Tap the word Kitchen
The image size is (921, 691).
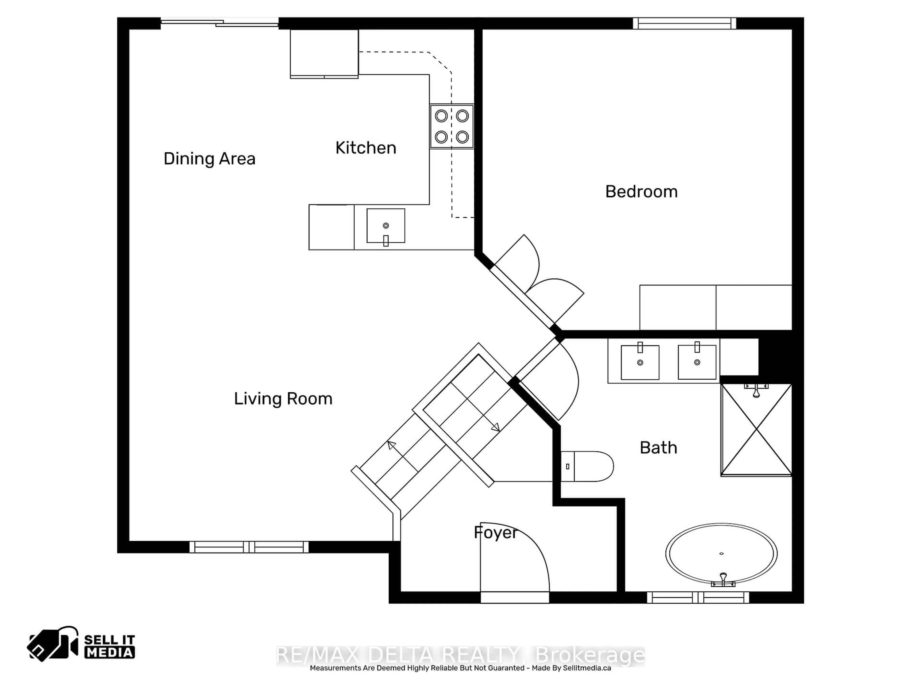coord(366,148)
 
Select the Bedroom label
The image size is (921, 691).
coord(641,192)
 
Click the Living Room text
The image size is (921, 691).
coord(283,399)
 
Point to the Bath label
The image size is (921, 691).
coord(658,448)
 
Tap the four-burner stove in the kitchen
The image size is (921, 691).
coord(452,126)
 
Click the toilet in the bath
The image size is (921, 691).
coord(587,466)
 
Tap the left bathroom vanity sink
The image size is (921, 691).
coord(640,362)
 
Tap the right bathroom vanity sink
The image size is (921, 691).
coord(697,362)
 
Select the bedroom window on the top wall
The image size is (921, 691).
coord(684,23)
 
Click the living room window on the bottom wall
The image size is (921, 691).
coord(249,547)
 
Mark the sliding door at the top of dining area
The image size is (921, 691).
coord(219,23)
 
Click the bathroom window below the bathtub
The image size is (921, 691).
coord(698,597)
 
